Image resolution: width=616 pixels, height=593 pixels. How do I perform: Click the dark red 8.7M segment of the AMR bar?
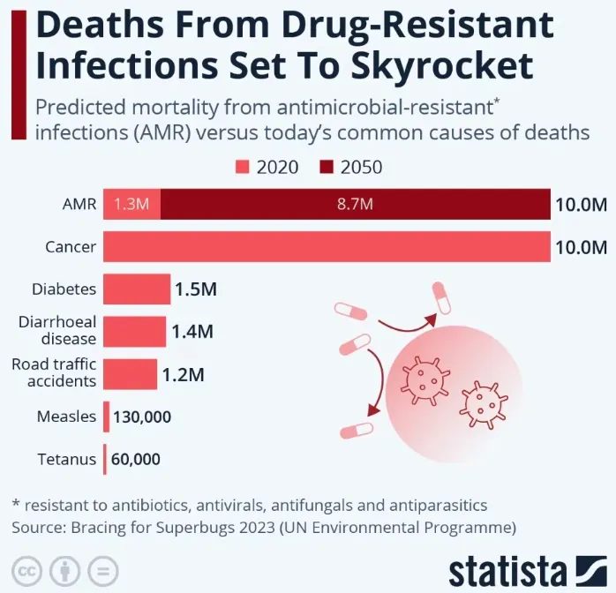pyautogui.click(x=355, y=204)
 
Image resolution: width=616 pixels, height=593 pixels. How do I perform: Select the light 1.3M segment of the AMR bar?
pyautogui.click(x=131, y=204)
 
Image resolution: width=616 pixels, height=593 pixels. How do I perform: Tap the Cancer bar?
pyautogui.click(x=327, y=246)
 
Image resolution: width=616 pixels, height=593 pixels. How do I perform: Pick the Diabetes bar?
pyautogui.click(x=137, y=289)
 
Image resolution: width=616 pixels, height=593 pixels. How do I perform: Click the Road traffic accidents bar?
pyautogui.click(x=130, y=374)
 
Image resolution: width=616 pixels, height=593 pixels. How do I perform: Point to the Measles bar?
pyautogui.click(x=106, y=417)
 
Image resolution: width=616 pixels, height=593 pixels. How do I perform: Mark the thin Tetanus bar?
pyautogui.click(x=105, y=459)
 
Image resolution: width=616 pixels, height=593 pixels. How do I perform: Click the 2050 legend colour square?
pyautogui.click(x=327, y=167)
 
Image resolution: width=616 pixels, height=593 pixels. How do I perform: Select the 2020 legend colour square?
pyautogui.click(x=243, y=167)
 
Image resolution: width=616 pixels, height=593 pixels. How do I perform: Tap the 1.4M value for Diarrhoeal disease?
pyautogui.click(x=192, y=332)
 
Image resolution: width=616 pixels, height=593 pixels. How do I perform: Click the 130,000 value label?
pyautogui.click(x=142, y=417)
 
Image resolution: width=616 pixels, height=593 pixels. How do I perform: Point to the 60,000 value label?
pyautogui.click(x=136, y=460)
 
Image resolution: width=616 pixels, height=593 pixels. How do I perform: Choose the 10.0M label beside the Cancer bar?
pyautogui.click(x=581, y=247)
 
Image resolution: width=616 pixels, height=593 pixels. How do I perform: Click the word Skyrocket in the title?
pyautogui.click(x=441, y=65)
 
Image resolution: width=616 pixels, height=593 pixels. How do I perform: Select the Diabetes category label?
pyautogui.click(x=64, y=289)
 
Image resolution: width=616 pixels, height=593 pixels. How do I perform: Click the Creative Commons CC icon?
pyautogui.click(x=26, y=571)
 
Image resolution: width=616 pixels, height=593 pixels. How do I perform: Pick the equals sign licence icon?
pyautogui.click(x=103, y=571)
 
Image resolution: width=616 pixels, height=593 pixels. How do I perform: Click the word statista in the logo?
pyautogui.click(x=508, y=572)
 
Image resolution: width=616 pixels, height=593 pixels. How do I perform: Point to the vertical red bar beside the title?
pyautogui.click(x=19, y=75)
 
